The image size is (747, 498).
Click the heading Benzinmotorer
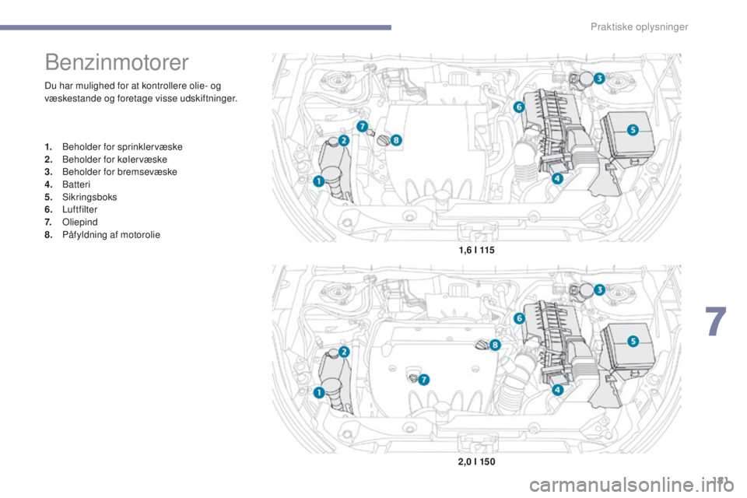pos(117,61)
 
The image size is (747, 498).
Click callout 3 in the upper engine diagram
pos(599,79)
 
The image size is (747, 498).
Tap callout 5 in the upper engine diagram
pos(633,129)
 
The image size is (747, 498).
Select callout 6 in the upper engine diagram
pos(518,105)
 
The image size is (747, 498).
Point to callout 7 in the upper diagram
pos(361,126)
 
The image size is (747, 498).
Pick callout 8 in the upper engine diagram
pos(395,140)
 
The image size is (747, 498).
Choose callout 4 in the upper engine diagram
pos(557,178)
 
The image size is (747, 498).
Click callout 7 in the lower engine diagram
pos(424,379)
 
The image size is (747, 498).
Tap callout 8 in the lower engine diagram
pos(495,344)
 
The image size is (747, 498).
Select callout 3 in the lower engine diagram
pos(599,289)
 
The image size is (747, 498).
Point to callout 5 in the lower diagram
pos(633,340)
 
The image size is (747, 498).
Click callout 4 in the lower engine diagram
pos(557,390)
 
